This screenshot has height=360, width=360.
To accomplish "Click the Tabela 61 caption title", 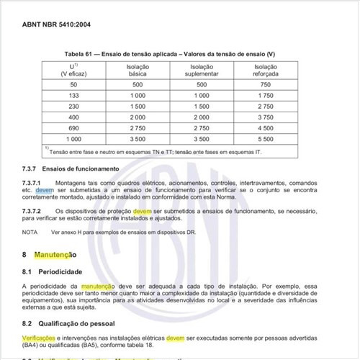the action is pyautogui.click(x=179, y=55).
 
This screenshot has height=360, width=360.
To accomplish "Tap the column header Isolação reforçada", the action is pyautogui.click(x=265, y=69).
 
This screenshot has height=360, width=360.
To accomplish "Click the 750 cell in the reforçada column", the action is pyautogui.click(x=265, y=84).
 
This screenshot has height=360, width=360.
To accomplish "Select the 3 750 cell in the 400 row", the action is pyautogui.click(x=265, y=117).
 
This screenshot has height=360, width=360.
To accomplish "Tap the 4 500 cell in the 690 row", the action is pyautogui.click(x=265, y=127).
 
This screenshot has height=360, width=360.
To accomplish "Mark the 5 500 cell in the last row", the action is pyautogui.click(x=265, y=138).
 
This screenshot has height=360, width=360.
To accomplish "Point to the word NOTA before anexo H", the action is pyautogui.click(x=30, y=233).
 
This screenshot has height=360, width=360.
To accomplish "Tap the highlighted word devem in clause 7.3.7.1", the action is pyautogui.click(x=45, y=191).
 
